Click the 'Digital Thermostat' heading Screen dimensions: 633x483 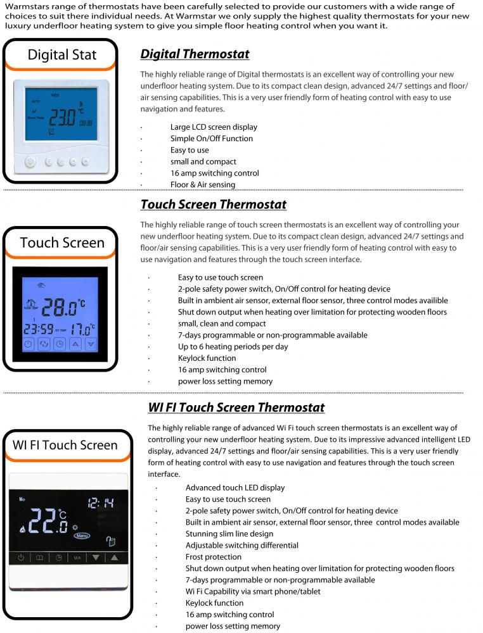195,54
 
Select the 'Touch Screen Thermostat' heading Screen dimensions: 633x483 213,204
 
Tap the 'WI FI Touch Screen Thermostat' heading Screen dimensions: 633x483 236,408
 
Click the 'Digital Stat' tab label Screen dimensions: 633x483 61,54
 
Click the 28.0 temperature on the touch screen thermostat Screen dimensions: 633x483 64,308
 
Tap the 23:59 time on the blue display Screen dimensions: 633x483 39,330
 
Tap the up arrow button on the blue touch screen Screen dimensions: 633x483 76,345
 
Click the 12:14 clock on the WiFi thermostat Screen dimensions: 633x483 101,503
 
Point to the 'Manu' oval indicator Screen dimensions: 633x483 82,536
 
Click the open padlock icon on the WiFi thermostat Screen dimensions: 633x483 112,541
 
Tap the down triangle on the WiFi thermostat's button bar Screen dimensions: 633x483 96,558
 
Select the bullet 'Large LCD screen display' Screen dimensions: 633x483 214,127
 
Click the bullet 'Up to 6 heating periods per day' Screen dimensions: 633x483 233,347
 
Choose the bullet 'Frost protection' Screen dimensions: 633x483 214,557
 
